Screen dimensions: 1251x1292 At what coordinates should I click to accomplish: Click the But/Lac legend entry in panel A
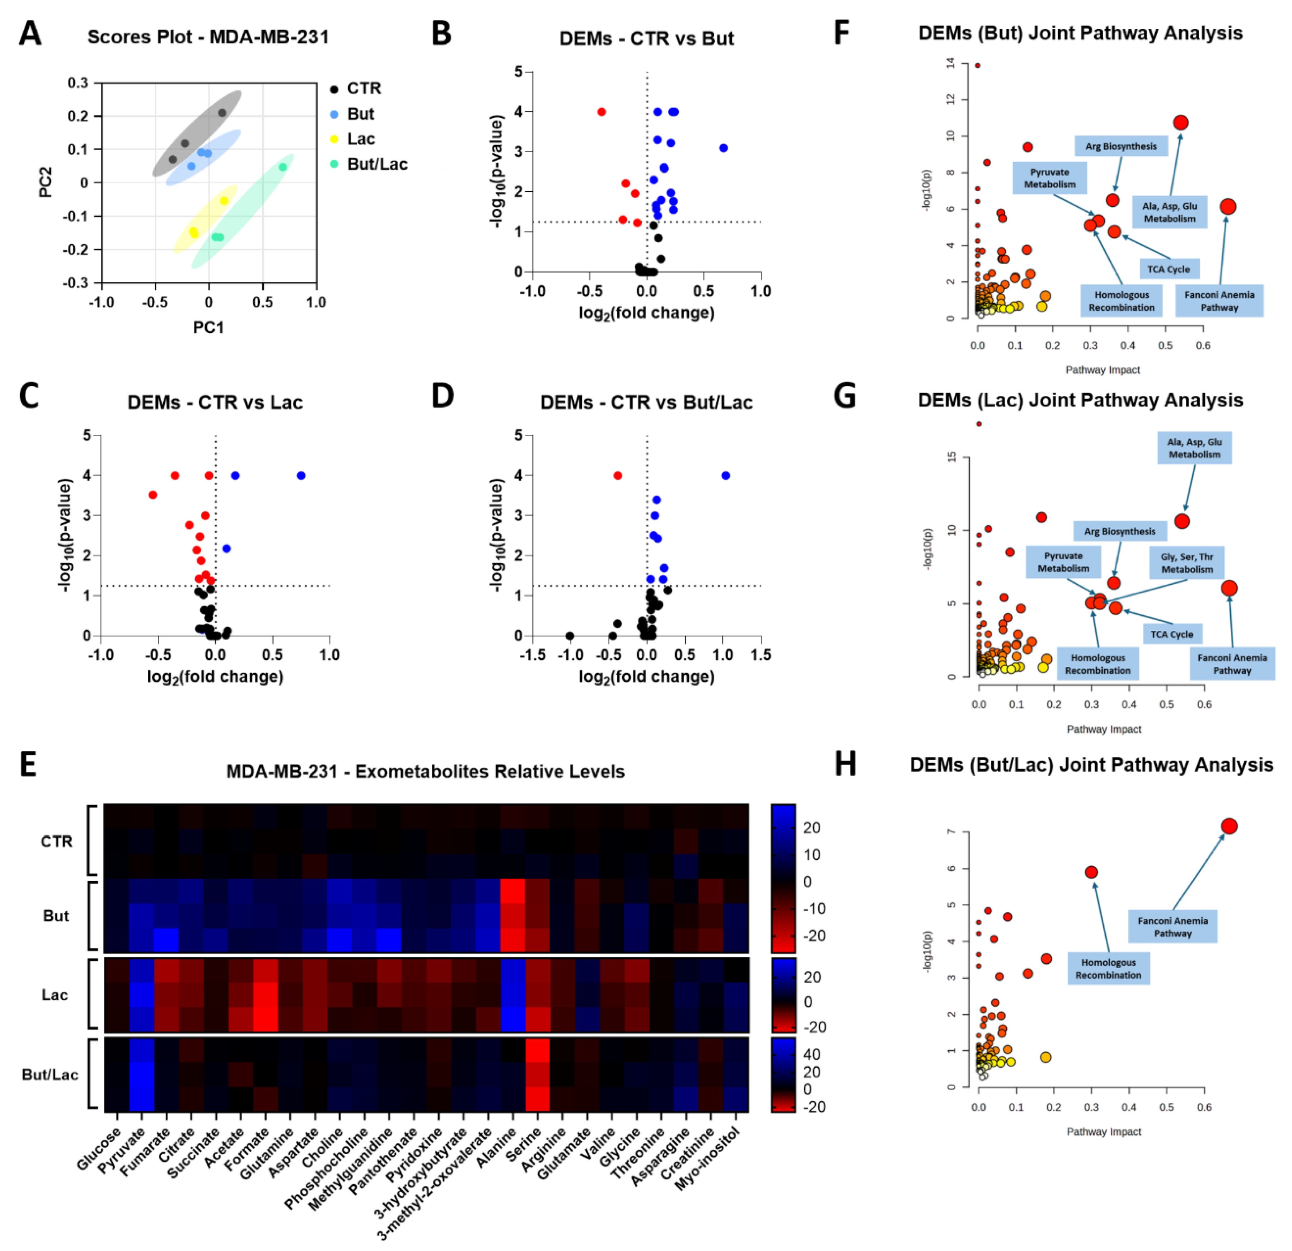pos(376,164)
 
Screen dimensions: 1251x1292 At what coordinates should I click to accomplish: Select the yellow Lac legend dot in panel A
pos(334,139)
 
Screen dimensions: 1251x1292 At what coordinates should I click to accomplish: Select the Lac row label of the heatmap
pos(55,994)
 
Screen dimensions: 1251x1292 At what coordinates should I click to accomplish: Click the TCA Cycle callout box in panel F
pos(1169,269)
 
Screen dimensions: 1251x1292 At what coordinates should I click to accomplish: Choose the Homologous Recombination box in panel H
pos(1108,968)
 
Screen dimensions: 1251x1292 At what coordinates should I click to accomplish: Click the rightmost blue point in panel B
pos(723,148)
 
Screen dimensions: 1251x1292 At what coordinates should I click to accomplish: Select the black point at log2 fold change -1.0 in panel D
pos(570,636)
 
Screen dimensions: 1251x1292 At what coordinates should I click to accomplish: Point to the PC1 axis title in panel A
pos(208,328)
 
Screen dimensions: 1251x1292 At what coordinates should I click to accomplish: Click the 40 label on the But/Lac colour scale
pos(811,1054)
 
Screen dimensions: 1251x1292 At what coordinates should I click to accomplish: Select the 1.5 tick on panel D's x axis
pos(761,655)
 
